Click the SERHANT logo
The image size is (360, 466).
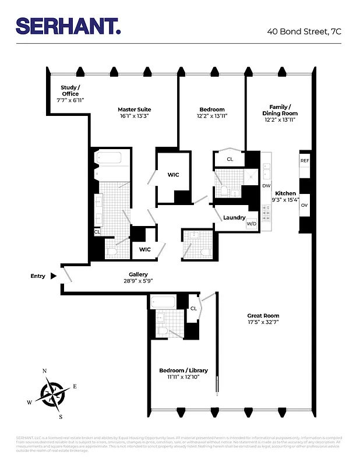point(68,26)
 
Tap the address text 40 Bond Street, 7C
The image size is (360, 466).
point(304,31)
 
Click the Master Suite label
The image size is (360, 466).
point(134,109)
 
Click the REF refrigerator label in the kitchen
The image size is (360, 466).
point(304,160)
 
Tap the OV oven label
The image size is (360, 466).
point(304,205)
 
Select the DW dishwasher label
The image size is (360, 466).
point(266,186)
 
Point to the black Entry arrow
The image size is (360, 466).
point(54,276)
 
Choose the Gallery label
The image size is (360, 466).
point(138,274)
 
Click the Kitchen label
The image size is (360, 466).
point(285,193)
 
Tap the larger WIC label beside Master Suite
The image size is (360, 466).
point(173,174)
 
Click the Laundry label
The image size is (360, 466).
point(234,218)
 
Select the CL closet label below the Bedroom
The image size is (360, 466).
point(230,158)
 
